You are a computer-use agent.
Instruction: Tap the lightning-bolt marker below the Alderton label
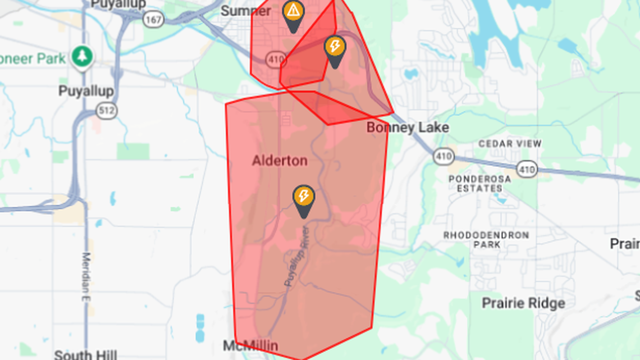point(304,197)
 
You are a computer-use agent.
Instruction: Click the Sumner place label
point(246,11)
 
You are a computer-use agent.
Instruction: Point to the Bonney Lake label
point(408,128)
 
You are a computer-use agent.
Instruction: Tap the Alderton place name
point(280,161)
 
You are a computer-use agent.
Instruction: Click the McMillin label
point(250,346)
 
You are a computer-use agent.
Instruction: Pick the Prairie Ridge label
point(523,303)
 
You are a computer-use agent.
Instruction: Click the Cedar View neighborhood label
point(510,144)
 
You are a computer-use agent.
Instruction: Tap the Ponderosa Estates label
point(480,184)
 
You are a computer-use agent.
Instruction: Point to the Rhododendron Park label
point(486,240)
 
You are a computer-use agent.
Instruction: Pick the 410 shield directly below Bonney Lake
point(444,157)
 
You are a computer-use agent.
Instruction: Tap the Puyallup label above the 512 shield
point(86,91)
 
